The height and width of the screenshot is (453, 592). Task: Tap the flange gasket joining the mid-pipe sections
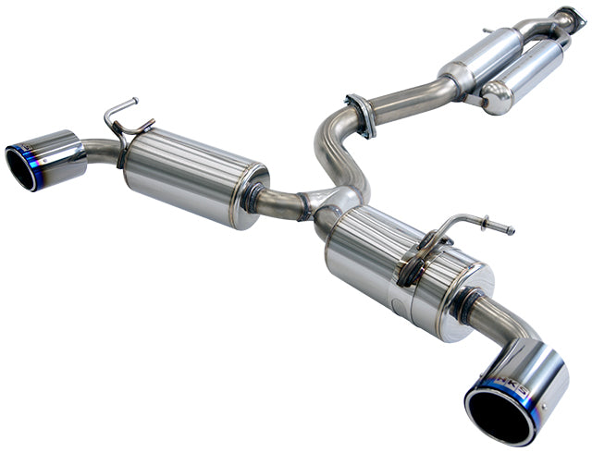click(x=360, y=114)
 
